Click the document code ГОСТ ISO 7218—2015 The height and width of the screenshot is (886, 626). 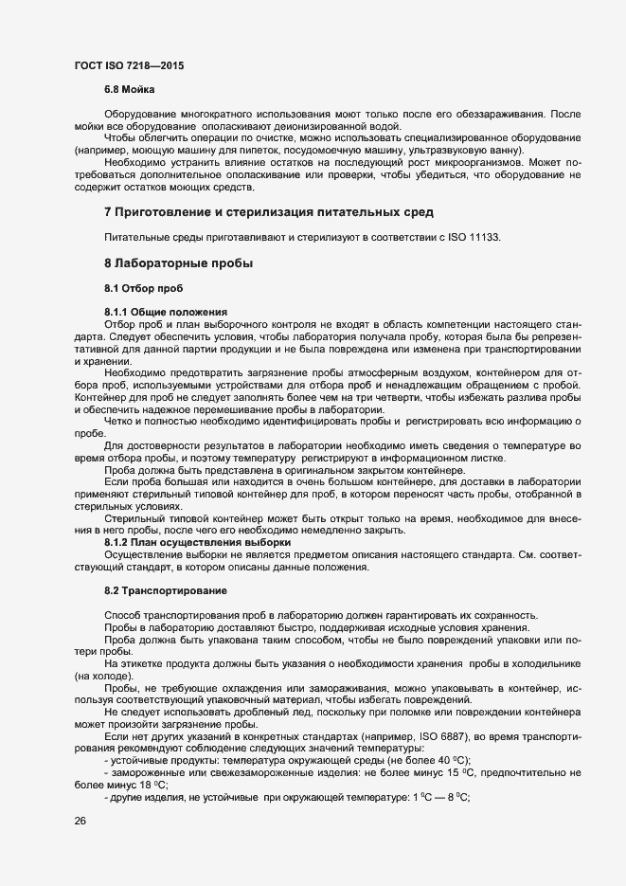coord(129,65)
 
